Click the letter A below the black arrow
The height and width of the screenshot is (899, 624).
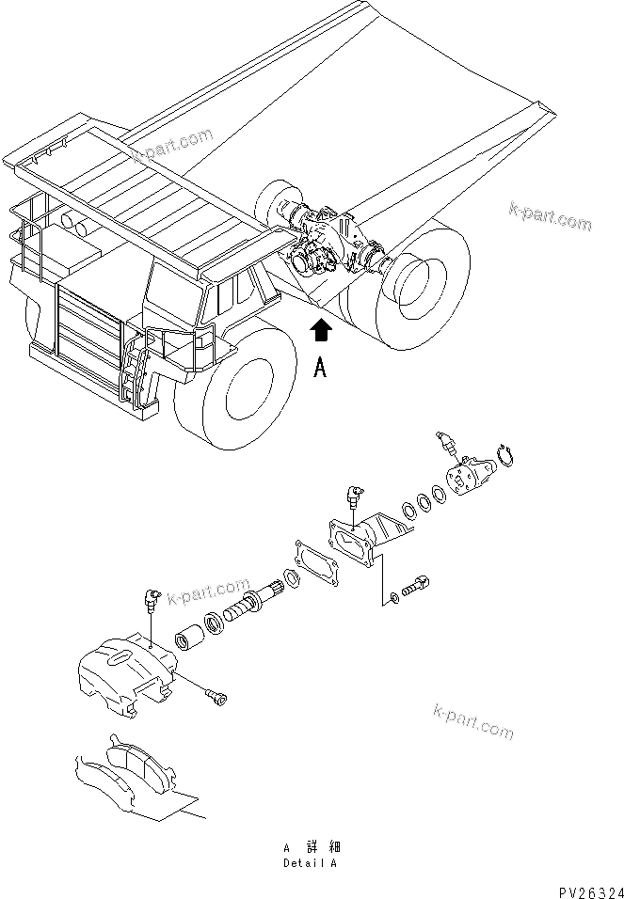[321, 369]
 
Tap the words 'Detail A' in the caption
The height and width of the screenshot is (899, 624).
[310, 862]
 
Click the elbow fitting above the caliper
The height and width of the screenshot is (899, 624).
[150, 598]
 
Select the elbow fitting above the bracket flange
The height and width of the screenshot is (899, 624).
[353, 495]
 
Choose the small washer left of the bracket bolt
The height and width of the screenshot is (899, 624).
[392, 599]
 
